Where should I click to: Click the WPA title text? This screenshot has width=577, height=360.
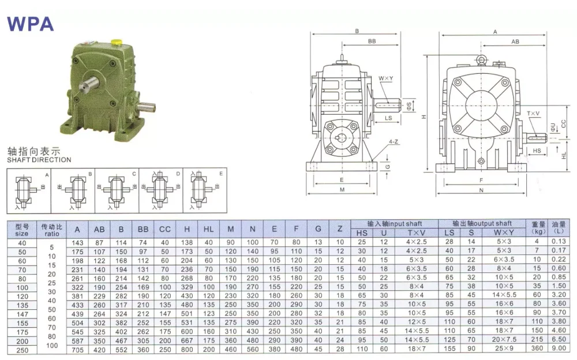[x=30, y=23]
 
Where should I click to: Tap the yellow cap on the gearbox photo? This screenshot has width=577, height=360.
[x=115, y=42]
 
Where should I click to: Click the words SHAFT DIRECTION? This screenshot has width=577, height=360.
[x=39, y=160]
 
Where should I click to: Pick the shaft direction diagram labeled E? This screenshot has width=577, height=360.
[x=205, y=189]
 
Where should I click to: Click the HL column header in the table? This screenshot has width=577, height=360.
[x=208, y=230]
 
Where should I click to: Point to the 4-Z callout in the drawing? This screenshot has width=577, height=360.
[x=396, y=141]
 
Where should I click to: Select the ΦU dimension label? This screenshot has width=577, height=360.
[x=552, y=126]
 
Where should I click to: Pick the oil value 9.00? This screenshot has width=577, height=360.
[x=558, y=349]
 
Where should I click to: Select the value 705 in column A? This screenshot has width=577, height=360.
[x=77, y=349]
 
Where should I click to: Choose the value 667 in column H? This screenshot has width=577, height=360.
[x=186, y=340]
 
